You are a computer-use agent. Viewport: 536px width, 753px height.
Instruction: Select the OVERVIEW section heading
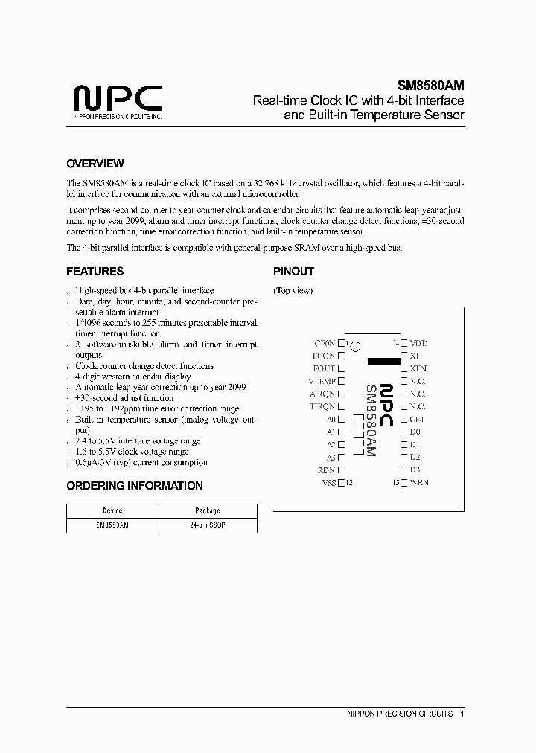[95, 164]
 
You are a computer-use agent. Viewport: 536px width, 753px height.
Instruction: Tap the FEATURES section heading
[95, 272]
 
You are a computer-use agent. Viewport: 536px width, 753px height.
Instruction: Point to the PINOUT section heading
[293, 272]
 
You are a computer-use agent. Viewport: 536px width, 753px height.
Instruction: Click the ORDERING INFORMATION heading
[135, 486]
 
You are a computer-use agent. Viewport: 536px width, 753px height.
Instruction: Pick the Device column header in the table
[113, 511]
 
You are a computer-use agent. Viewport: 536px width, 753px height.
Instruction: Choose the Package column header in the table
[208, 511]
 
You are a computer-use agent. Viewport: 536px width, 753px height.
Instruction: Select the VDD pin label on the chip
[418, 344]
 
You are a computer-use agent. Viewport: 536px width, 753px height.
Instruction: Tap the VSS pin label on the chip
[328, 483]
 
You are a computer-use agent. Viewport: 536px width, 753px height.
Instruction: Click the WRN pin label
[419, 483]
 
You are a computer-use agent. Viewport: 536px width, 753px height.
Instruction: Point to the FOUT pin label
[324, 369]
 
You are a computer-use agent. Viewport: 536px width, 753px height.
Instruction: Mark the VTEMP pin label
[322, 382]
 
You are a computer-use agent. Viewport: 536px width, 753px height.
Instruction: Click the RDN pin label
[326, 470]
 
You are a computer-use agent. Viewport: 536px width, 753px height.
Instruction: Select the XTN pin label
[418, 369]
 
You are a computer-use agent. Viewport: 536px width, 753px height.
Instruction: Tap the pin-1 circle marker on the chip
[356, 346]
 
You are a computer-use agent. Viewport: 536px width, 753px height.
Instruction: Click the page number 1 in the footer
[462, 714]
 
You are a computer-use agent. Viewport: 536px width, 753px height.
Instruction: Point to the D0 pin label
[415, 432]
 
